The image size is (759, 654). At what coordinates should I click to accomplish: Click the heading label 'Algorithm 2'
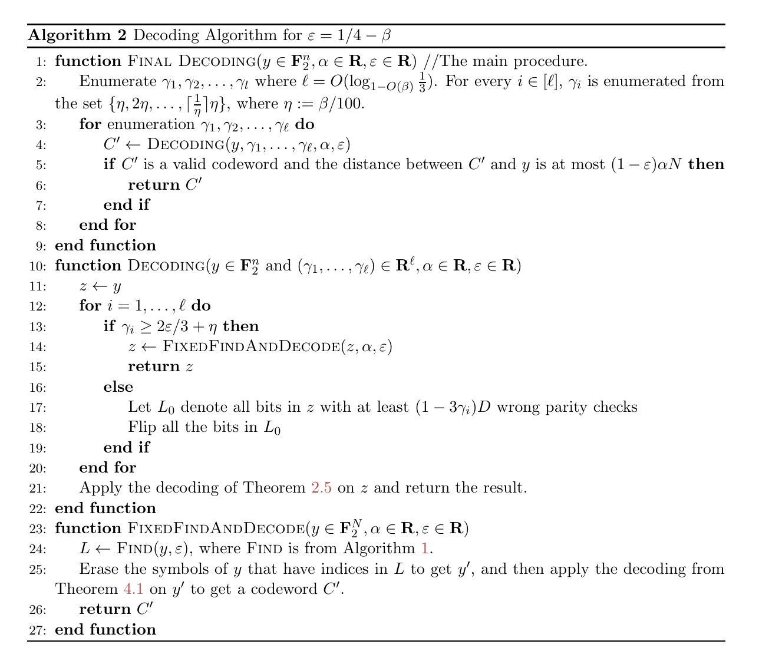tap(77, 35)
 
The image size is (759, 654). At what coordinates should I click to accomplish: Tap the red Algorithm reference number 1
tap(425, 549)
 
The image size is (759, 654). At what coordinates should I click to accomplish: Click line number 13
tap(38, 327)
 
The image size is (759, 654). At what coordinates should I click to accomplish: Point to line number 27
tap(38, 630)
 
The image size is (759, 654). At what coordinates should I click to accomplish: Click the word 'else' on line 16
tap(118, 387)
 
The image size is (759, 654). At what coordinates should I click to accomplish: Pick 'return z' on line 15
tap(160, 366)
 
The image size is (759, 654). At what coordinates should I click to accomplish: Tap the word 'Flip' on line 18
tap(141, 427)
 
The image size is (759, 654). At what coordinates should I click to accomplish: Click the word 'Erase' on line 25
tap(97, 569)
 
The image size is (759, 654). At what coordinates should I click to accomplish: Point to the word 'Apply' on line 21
tap(97, 488)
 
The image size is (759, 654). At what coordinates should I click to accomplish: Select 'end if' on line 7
tap(126, 205)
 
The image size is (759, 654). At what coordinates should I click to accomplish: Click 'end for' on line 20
tap(108, 468)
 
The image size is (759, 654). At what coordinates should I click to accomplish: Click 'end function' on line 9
tap(105, 246)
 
